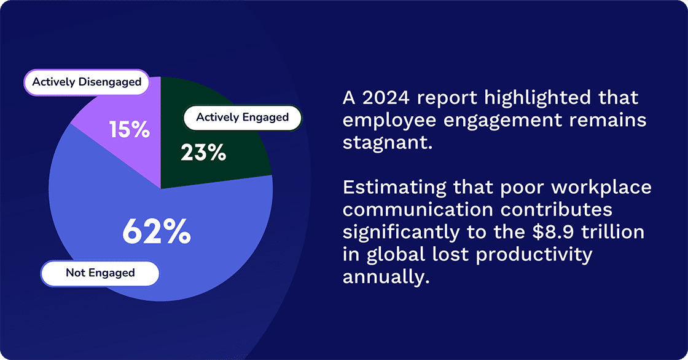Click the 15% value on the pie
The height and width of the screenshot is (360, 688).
(x=130, y=130)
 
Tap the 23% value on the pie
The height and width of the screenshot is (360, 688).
(x=203, y=153)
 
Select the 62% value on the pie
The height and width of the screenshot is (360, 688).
(x=156, y=231)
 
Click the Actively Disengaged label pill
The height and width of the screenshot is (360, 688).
(x=87, y=82)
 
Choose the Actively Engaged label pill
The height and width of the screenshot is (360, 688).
(x=242, y=117)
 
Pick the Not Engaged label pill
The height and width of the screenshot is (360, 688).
(x=100, y=273)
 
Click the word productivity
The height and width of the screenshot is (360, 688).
(x=531, y=254)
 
